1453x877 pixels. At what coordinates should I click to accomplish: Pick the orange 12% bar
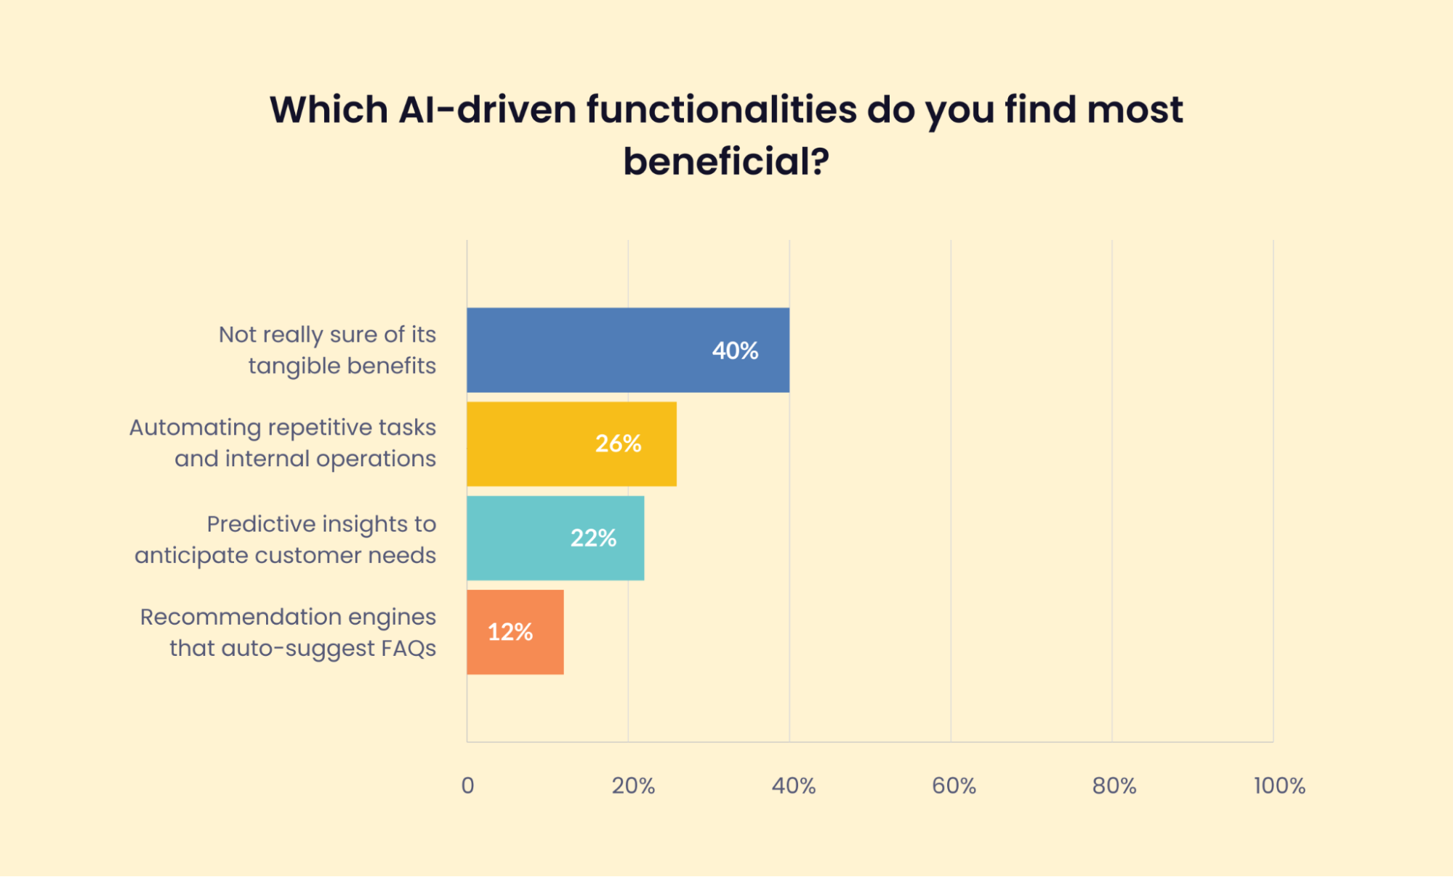click(515, 632)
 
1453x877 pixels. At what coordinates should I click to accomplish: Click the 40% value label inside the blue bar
click(735, 351)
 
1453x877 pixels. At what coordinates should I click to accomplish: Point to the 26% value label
click(618, 444)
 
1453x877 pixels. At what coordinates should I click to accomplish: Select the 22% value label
click(593, 538)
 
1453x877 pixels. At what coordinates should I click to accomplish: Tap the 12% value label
click(510, 632)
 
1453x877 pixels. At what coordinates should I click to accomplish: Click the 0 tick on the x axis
click(467, 785)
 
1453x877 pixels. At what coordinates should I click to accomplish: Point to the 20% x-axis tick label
click(633, 785)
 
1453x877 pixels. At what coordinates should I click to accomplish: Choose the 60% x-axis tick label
click(954, 785)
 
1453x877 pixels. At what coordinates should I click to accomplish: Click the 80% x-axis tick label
click(1114, 785)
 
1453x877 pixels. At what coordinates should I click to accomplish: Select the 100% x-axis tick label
click(1279, 785)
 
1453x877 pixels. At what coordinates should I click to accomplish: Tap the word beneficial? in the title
click(725, 161)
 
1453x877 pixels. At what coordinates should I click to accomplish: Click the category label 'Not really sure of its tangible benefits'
click(328, 350)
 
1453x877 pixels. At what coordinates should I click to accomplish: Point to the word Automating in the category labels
click(195, 428)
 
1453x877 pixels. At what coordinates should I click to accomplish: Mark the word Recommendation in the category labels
click(241, 617)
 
